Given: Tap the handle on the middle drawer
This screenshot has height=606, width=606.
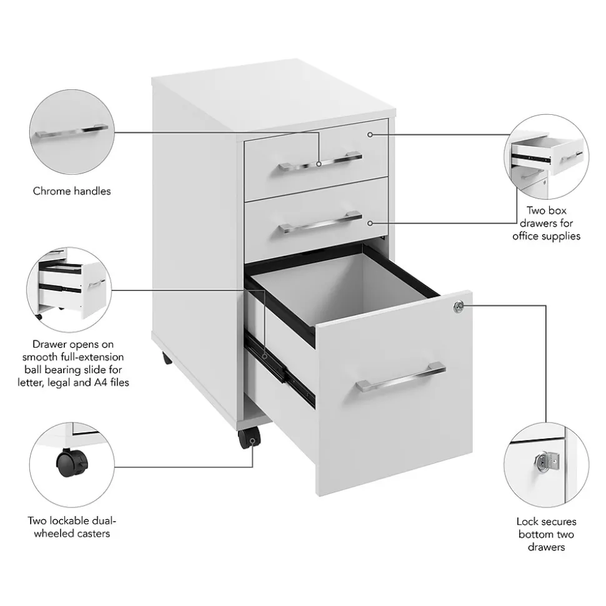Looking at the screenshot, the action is tap(320, 222).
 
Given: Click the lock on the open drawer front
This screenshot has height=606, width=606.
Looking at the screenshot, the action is tap(458, 306).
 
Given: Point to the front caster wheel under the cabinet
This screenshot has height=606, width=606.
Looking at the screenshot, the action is tap(249, 438).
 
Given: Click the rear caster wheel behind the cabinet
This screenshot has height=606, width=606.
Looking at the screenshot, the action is tap(167, 358).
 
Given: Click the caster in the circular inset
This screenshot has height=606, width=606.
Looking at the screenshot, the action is tap(72, 462).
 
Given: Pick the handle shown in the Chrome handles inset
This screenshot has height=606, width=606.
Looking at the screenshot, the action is tap(72, 131).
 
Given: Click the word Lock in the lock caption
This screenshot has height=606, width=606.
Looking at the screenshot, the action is tap(528, 521).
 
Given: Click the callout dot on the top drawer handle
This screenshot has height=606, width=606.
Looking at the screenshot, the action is tap(319, 164).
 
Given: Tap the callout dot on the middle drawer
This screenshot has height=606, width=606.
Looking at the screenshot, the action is tap(370, 223).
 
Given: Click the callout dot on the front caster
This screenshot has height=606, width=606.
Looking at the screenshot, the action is tap(252, 441).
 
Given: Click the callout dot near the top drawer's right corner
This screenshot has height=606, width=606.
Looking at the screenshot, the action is tap(370, 135).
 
